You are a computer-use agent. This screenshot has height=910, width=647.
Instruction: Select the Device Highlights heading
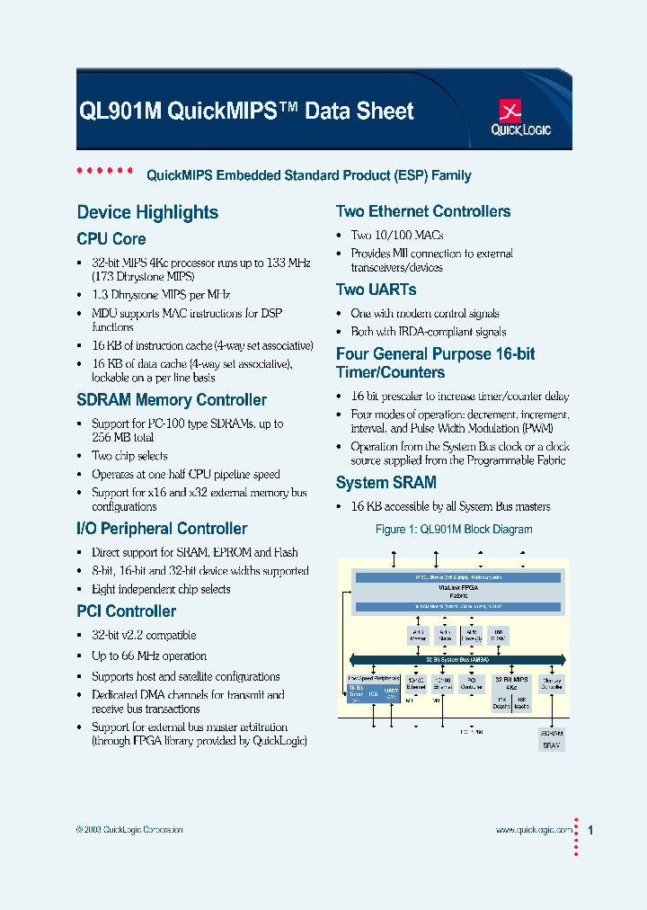coord(147,212)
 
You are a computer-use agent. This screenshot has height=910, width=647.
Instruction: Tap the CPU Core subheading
coord(111,239)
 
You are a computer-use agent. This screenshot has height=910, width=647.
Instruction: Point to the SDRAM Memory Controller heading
coord(171,400)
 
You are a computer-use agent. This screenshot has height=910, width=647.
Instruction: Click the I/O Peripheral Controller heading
coord(162,529)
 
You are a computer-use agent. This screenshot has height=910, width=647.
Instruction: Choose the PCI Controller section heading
coord(126,611)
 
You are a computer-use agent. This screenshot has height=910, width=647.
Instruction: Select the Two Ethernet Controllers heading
coord(422,212)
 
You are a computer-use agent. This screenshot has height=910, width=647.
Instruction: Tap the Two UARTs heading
coord(376,290)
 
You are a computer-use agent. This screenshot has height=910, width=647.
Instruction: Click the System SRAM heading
coord(386,483)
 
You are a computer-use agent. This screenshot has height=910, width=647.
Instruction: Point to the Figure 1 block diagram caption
coord(453,530)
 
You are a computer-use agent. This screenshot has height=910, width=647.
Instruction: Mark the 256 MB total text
coord(122,437)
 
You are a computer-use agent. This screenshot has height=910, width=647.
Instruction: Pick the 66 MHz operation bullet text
coord(149,656)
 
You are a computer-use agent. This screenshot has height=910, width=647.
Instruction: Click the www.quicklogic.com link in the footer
coord(533,830)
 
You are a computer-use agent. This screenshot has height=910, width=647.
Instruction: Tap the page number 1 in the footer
coord(590,830)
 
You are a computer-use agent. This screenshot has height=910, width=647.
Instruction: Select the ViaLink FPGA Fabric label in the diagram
coord(458,592)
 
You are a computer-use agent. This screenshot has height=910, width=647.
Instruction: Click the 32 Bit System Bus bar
coord(457,659)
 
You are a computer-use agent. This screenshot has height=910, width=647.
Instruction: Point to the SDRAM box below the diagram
coord(551,733)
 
